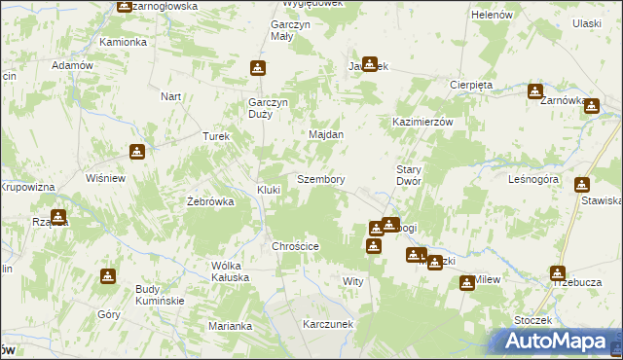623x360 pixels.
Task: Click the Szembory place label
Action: point(320,180)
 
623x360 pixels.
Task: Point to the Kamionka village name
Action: point(123,43)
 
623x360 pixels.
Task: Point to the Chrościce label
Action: point(296,247)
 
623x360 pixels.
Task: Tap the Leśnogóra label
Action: point(532,180)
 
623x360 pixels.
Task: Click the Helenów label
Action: point(492,16)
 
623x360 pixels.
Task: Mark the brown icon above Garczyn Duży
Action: point(258,68)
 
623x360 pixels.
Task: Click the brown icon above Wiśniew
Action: point(137,151)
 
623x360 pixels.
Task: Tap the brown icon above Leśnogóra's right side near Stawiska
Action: point(582,184)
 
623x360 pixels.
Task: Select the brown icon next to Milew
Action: point(467,282)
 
